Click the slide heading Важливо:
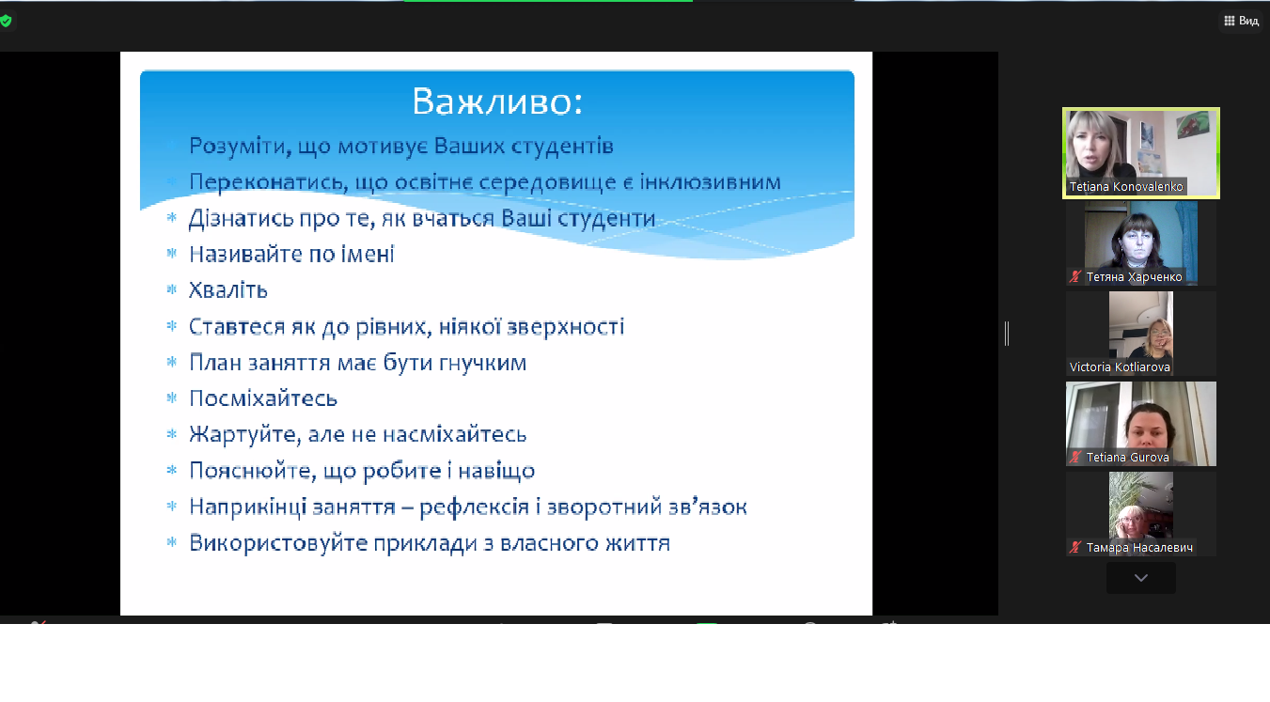point(497,102)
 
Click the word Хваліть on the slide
point(227,290)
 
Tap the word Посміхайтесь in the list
point(263,398)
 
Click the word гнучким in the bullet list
point(483,363)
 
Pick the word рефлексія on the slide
point(474,507)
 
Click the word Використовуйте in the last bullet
point(278,543)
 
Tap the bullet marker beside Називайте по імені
point(172,253)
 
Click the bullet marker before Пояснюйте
point(172,470)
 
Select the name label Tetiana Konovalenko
point(1126,186)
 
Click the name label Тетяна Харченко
point(1134,277)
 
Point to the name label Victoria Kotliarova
point(1120,367)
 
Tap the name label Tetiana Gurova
point(1128,458)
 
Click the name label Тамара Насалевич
point(1139,547)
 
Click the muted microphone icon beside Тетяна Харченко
point(1075,277)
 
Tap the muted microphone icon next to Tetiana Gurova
point(1075,458)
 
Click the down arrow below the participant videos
point(1140,578)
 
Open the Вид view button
point(1242,21)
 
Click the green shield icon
point(6,22)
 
